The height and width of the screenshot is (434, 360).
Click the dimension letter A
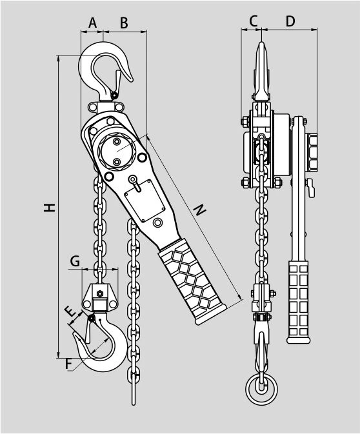click(x=93, y=23)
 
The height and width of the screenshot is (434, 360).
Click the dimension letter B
click(x=124, y=23)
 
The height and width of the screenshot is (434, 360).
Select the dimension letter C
click(x=253, y=21)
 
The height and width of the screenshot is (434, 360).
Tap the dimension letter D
click(x=290, y=21)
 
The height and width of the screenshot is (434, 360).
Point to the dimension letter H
click(x=50, y=208)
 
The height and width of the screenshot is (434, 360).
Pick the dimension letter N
click(x=199, y=210)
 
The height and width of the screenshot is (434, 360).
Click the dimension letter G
click(x=75, y=261)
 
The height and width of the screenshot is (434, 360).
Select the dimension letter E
click(x=70, y=311)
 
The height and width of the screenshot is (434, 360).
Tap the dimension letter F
click(x=68, y=364)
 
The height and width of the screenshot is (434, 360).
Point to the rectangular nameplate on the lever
click(x=145, y=201)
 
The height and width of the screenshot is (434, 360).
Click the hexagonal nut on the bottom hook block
click(x=99, y=293)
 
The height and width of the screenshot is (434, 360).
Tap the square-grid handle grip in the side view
click(x=298, y=302)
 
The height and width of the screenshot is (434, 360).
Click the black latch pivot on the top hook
click(x=114, y=95)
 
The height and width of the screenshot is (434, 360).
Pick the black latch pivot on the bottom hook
click(x=92, y=319)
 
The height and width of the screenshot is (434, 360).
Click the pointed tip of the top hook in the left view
click(x=132, y=81)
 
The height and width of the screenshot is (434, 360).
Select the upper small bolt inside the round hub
click(x=117, y=142)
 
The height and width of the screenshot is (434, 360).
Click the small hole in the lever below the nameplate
click(x=157, y=222)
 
